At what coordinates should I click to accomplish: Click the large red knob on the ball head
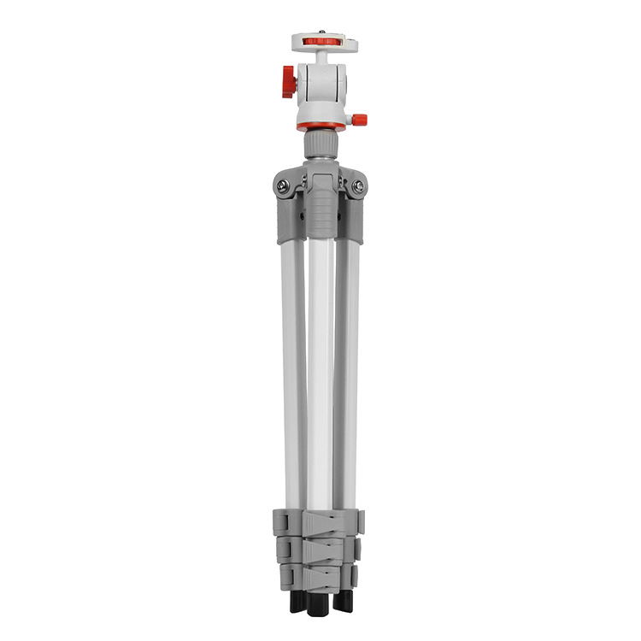pyautogui.click(x=289, y=81)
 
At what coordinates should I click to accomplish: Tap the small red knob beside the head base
pyautogui.click(x=360, y=120)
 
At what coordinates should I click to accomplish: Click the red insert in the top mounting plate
pyautogui.click(x=322, y=40)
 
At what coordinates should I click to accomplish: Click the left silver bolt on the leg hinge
pyautogui.click(x=282, y=185)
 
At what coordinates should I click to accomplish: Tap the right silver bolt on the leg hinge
pyautogui.click(x=359, y=185)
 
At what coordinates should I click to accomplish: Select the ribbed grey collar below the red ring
pyautogui.click(x=321, y=144)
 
